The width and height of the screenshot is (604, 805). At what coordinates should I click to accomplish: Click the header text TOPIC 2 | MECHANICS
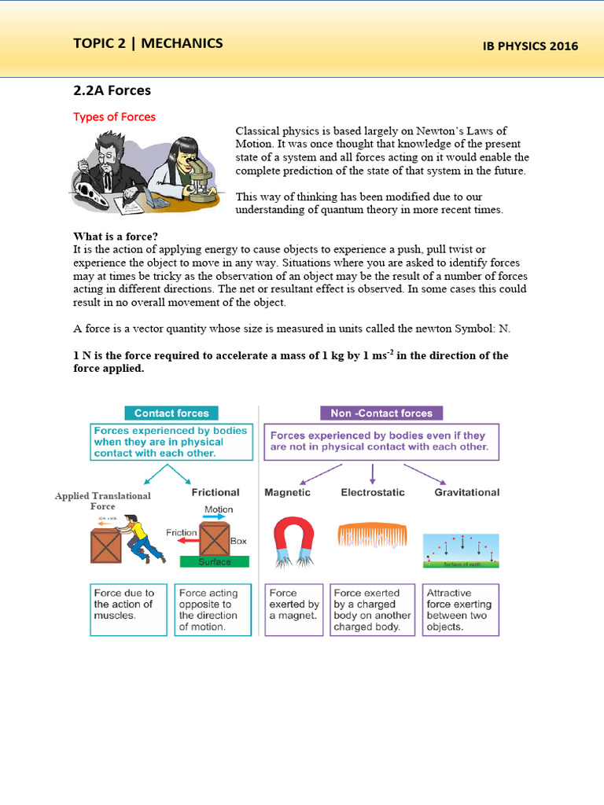tap(148, 43)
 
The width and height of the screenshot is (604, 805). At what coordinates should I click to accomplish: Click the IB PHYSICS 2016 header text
tap(530, 46)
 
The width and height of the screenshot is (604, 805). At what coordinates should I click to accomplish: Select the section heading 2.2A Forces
tap(112, 90)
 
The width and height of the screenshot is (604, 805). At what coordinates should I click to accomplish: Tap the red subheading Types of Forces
tap(114, 116)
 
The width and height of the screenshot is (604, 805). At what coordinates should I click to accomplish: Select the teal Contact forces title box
tap(171, 413)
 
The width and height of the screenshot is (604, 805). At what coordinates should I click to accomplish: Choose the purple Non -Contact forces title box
tap(381, 413)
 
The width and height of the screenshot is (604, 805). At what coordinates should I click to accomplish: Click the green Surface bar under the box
tap(215, 561)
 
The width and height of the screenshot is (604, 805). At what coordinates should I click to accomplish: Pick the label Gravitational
tap(466, 492)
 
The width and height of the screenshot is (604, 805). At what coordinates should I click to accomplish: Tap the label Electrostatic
tap(373, 492)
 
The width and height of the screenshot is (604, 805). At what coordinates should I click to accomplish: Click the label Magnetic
tap(287, 492)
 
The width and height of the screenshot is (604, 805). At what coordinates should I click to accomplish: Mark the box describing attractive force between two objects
tap(460, 608)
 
